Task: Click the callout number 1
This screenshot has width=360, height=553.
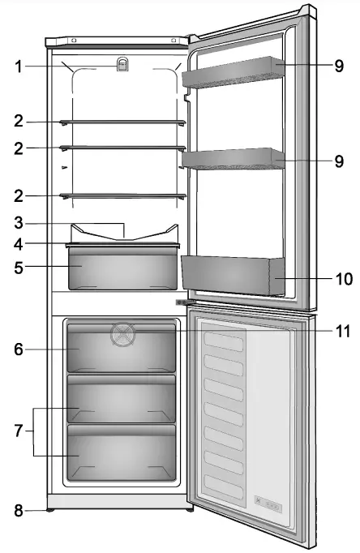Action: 19,66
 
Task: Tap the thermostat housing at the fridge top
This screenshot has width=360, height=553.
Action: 122,66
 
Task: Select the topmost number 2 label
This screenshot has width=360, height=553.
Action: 19,122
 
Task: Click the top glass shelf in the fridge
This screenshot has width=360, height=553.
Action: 122,122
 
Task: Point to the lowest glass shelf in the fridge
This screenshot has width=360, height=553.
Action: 122,195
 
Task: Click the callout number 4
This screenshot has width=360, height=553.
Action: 19,242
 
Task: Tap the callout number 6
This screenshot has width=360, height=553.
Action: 19,349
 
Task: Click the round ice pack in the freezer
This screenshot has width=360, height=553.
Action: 122,332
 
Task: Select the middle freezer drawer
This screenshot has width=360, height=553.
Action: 122,401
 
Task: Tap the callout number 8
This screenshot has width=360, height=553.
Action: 19,511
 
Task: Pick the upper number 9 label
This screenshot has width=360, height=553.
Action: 340,66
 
